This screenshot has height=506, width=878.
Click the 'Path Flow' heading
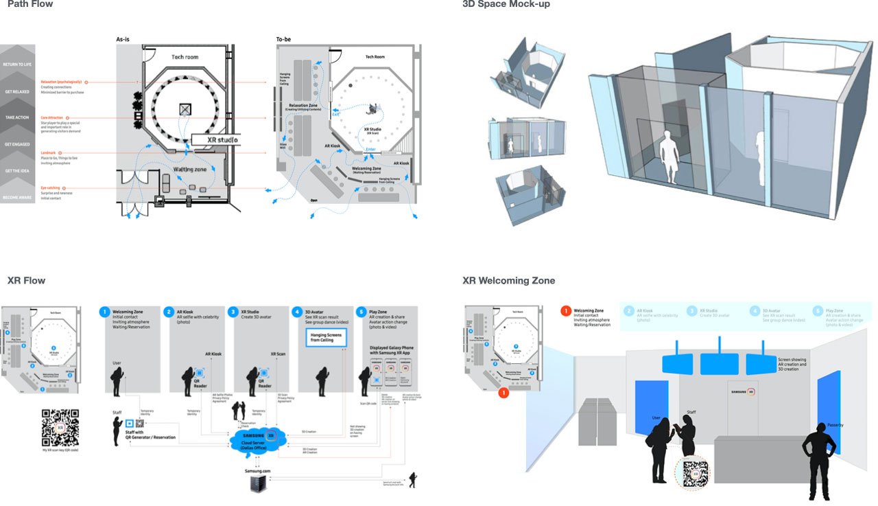[x=30, y=5]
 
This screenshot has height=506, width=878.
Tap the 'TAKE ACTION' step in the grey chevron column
[x=17, y=117]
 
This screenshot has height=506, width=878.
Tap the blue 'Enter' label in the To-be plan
[x=370, y=149]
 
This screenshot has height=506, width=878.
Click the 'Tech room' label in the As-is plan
[x=185, y=57]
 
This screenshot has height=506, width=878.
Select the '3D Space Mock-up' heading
[x=506, y=5]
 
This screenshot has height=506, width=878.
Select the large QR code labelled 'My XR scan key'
[x=60, y=428]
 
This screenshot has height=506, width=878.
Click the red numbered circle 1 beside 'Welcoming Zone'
[x=566, y=311]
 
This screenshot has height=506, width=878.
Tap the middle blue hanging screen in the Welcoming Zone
[x=718, y=363]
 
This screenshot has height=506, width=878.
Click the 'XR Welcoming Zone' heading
[x=508, y=281]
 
